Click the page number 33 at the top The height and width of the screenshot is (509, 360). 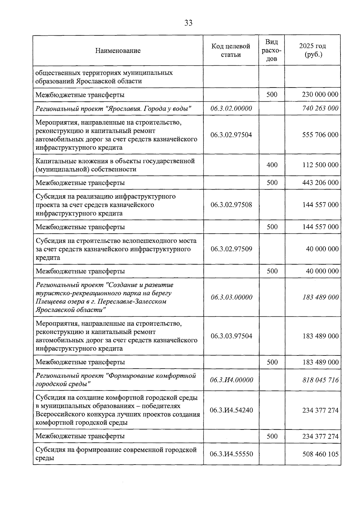[x=188, y=23]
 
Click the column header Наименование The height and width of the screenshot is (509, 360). [x=118, y=50]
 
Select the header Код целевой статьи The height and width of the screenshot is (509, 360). [x=231, y=50]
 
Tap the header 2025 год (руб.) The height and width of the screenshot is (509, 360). [x=313, y=50]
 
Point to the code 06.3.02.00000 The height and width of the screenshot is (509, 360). [x=231, y=108]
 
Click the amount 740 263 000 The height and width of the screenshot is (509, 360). [x=320, y=108]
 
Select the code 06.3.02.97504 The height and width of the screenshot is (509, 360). [x=231, y=135]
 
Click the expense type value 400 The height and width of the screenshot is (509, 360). [x=272, y=165]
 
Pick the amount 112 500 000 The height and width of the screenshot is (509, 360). [x=320, y=165]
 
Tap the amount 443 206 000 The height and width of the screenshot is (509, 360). [x=320, y=183]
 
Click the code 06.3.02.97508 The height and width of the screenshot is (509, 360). [x=231, y=205]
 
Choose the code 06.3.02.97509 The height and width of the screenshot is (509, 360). [x=231, y=249]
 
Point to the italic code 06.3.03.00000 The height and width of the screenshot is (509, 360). [x=231, y=297]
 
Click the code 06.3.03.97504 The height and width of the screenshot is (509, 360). [x=231, y=336]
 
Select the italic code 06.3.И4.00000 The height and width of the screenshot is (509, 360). [x=231, y=380]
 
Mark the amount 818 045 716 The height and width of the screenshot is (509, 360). [x=320, y=380]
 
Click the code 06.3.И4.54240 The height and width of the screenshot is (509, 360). [x=231, y=410]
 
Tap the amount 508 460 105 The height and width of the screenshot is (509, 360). [x=320, y=454]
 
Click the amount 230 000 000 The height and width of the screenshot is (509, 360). [x=320, y=95]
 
